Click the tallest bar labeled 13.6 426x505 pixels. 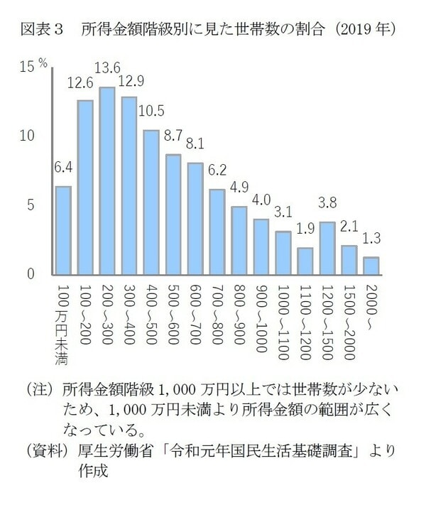click(107, 181)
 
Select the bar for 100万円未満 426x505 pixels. click(62, 231)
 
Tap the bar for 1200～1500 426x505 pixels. click(327, 249)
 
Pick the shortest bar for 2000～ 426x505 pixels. click(371, 266)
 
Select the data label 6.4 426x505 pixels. click(63, 168)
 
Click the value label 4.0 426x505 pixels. click(261, 200)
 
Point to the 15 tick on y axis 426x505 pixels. click(27, 67)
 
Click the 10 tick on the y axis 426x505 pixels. click(27, 136)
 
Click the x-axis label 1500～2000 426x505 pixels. click(349, 317)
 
